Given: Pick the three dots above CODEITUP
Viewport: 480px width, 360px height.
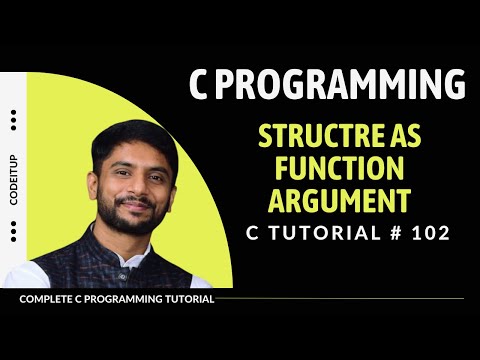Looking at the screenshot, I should point(13,120).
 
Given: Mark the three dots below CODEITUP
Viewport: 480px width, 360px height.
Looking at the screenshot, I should point(13,231).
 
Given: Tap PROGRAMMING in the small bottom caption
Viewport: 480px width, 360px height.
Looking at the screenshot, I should point(119,299).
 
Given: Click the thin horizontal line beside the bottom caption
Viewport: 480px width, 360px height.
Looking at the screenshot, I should point(340,299).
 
